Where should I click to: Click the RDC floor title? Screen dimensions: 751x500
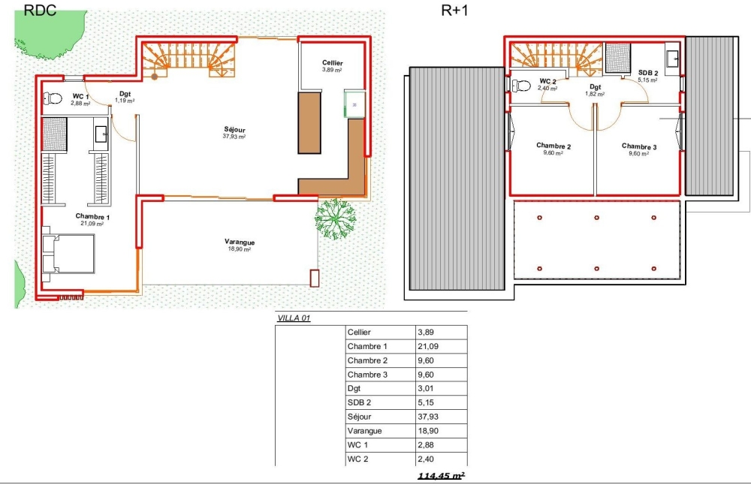tap(40, 10)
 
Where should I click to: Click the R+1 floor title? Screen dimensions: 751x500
tap(454, 10)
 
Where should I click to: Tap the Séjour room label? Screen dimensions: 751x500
tap(234, 130)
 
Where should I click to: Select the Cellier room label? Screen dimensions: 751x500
tap(333, 63)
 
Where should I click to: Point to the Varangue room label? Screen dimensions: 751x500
tap(240, 242)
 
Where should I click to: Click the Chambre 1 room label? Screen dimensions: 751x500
tap(92, 216)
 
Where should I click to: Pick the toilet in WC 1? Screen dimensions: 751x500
tap(53, 98)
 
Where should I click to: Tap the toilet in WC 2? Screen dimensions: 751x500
tap(521, 86)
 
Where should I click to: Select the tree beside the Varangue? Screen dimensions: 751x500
tap(335, 218)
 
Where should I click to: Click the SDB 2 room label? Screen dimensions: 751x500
tap(648, 73)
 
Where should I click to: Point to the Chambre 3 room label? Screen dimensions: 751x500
tap(639, 146)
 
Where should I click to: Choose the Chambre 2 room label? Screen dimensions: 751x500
tap(553, 146)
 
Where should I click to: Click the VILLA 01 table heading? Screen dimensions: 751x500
tap(294, 318)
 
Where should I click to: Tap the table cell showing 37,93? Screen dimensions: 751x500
tap(428, 417)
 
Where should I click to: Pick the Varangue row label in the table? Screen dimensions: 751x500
tap(364, 431)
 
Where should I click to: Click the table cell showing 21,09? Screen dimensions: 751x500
tap(428, 346)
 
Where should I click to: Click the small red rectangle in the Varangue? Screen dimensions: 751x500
tap(314, 279)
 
